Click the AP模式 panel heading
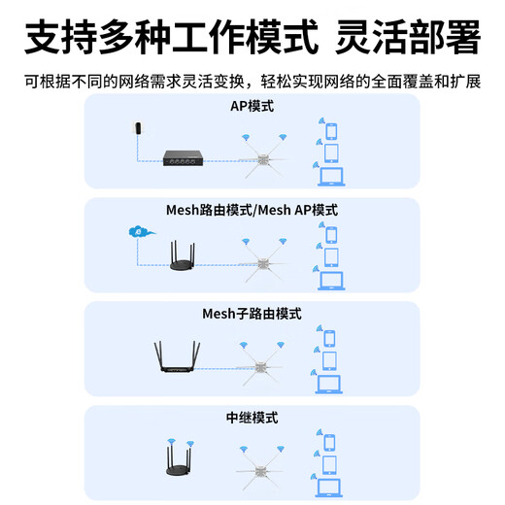[252, 106]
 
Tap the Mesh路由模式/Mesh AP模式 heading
[252, 210]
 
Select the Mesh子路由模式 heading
[252, 314]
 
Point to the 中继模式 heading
[252, 418]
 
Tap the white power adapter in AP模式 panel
[139, 129]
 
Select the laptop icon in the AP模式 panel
[331, 177]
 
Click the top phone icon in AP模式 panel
[331, 131]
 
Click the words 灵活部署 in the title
[407, 40]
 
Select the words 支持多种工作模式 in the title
[171, 40]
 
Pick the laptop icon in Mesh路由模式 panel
[331, 281]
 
